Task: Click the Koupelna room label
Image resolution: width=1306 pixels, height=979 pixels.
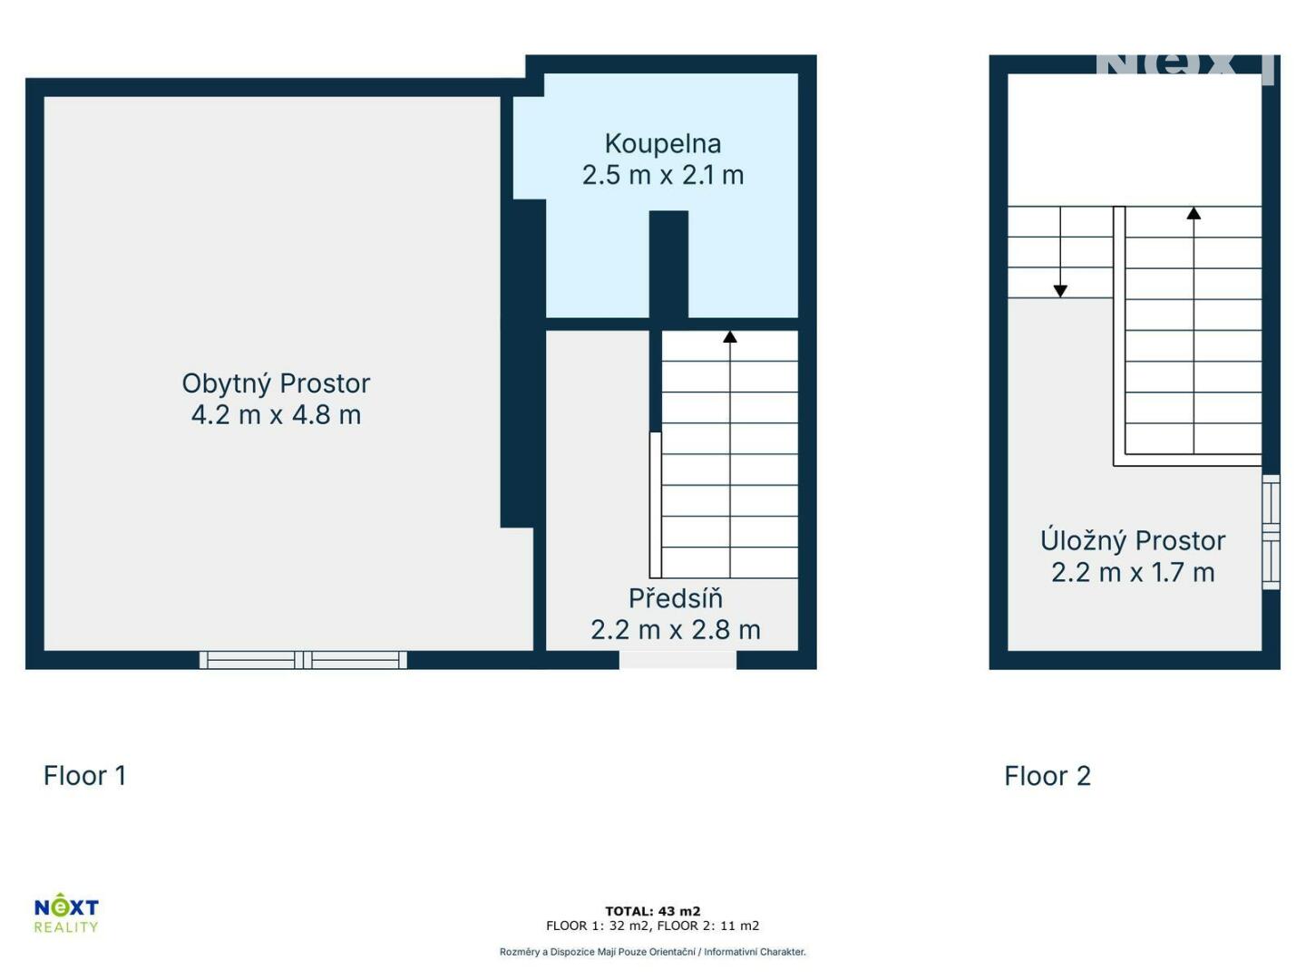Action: tap(663, 144)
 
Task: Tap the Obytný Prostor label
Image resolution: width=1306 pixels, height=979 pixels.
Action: tap(276, 384)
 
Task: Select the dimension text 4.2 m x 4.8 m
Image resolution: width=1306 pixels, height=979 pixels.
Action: tap(276, 415)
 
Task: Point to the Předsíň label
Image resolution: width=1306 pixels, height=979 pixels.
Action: tap(676, 598)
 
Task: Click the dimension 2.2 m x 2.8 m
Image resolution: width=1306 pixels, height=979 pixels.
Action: tap(676, 630)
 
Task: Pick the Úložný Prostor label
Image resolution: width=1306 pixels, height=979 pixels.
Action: tap(1132, 540)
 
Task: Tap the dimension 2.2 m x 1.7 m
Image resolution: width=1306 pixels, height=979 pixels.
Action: tap(1132, 572)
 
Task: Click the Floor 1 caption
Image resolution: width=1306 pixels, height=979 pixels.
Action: tap(85, 776)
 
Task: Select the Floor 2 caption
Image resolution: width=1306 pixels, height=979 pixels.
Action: tap(1048, 776)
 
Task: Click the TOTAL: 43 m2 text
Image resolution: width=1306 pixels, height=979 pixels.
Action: tap(653, 911)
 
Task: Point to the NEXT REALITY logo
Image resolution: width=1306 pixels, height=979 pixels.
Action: tap(66, 913)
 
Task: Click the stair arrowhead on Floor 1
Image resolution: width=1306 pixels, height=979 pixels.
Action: tap(730, 337)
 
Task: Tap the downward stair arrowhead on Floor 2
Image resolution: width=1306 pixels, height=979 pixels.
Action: tap(1060, 291)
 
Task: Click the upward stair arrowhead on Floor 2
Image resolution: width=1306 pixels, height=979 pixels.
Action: tap(1194, 213)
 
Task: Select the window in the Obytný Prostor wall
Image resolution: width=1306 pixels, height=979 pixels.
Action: tap(303, 660)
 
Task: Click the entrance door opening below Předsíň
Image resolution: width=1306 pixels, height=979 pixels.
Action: tap(677, 660)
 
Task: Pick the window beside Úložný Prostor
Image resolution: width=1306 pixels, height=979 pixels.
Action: tap(1271, 532)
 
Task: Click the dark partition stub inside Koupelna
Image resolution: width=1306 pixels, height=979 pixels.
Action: tap(668, 265)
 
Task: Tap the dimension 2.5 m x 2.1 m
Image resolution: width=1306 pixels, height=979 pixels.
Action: tap(663, 175)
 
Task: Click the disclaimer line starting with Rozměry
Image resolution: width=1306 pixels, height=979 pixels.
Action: tap(653, 952)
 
